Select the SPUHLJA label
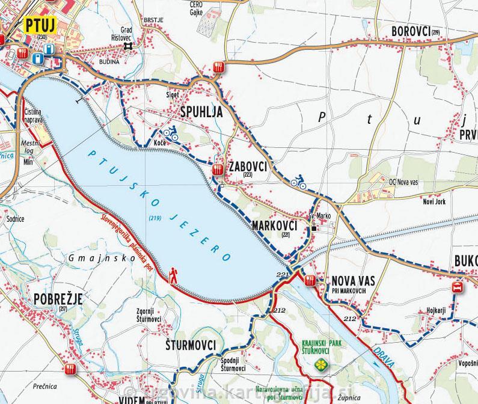(x=201, y=112)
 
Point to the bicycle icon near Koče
(x=171, y=133)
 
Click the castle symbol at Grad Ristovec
(x=127, y=46)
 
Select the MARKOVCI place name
(x=276, y=225)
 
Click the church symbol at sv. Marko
(x=314, y=227)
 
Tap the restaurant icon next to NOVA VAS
(x=310, y=281)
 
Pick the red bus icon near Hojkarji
(x=458, y=287)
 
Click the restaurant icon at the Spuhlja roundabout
(x=219, y=67)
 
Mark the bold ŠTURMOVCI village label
(x=190, y=345)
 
